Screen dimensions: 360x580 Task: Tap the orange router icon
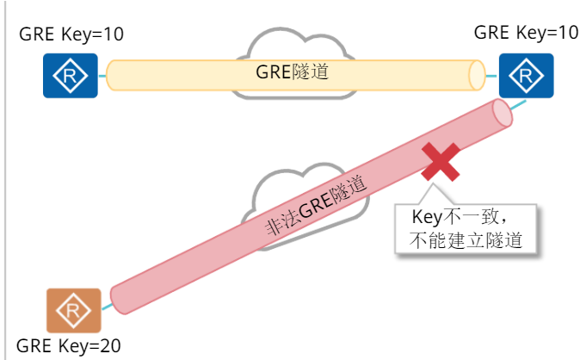click(x=73, y=310)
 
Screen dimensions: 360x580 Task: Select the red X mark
click(x=441, y=162)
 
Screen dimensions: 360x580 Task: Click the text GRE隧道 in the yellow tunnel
click(x=293, y=72)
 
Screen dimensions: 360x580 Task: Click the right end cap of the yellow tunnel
click(x=478, y=75)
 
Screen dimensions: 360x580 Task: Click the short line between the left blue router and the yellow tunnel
click(x=101, y=75)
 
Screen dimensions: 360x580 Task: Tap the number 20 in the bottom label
click(x=110, y=346)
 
